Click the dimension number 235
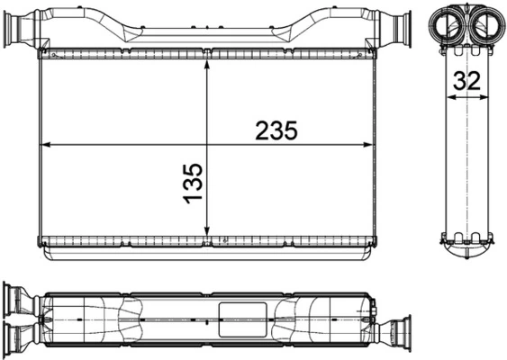coord(276,130)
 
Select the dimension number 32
coord(467,80)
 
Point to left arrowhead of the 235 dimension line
coord(47,144)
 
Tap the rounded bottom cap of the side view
coord(467,251)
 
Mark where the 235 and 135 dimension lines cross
coord(208,144)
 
